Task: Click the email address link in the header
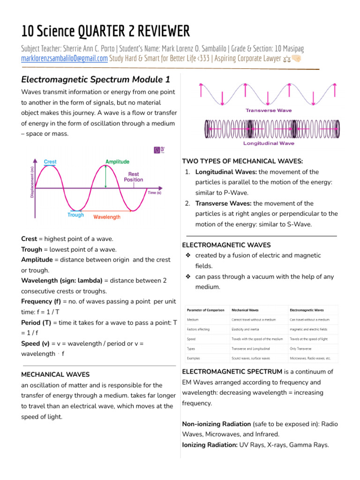(65, 59)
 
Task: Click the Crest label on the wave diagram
(50, 162)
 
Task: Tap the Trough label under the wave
(75, 215)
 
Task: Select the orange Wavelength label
(107, 217)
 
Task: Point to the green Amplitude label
(117, 162)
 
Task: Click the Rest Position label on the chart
(134, 177)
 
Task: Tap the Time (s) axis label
(154, 193)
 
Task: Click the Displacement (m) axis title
(32, 182)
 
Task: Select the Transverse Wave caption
(269, 111)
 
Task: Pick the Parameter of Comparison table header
(206, 310)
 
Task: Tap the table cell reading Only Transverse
(300, 349)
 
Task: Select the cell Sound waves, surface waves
(251, 358)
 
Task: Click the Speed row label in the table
(191, 339)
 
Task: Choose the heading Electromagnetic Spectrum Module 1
(96, 78)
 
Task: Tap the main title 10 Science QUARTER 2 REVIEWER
(105, 31)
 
